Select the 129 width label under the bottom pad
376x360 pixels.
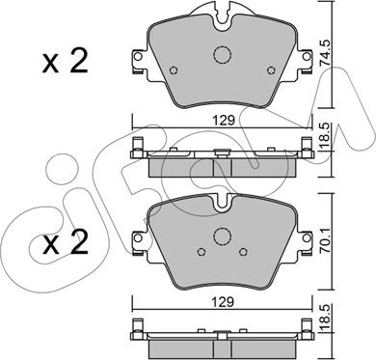coord(222,302)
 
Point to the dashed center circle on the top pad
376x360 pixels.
coord(223,54)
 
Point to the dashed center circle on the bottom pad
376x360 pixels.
coord(223,235)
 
